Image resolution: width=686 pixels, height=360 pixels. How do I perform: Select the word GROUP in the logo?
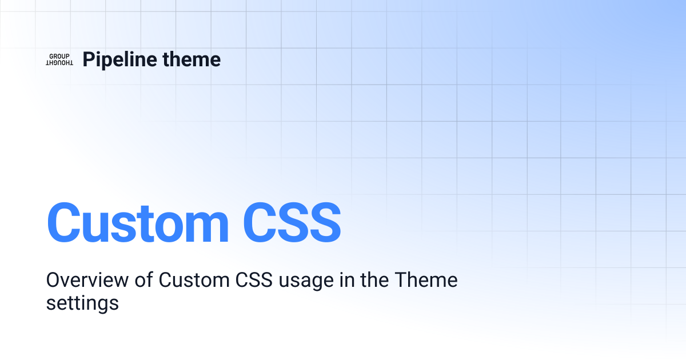pos(59,56)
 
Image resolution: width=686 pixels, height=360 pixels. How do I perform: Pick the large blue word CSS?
pos(292,222)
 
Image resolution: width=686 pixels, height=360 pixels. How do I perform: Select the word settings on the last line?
pos(82,302)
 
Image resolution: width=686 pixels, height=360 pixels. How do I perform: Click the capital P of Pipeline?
pos(88,59)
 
